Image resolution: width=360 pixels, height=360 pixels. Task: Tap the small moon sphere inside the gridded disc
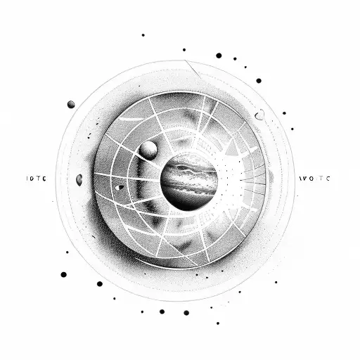pos(148,149)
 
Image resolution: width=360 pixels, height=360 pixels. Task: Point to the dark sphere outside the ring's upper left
pos(71,105)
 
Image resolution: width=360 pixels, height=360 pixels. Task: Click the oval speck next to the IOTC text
pos(79,180)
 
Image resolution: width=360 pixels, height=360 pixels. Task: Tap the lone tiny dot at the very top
pos(143,34)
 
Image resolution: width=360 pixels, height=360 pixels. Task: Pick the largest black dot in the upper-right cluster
pos(219,55)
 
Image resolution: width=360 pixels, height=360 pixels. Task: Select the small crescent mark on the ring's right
pos(260,114)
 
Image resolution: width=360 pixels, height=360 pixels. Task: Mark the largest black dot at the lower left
pos(63,274)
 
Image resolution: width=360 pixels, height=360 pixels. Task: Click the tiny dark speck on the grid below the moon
pos(120,187)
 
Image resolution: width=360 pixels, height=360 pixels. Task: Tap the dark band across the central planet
pos(188,184)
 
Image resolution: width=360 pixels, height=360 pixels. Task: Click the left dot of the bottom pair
pos(162,311)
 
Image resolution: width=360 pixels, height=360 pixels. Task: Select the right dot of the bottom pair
pos(186,311)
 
